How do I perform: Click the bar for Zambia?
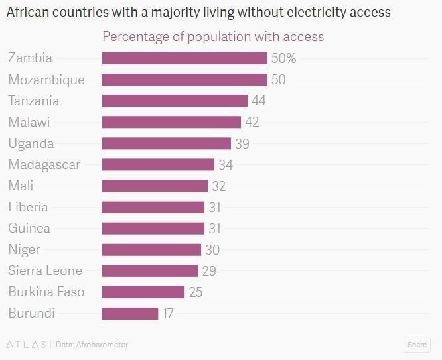(x=184, y=58)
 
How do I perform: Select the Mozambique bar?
(x=184, y=80)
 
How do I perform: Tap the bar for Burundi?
(x=130, y=313)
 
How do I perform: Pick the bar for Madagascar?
(x=158, y=164)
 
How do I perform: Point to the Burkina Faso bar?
(x=143, y=292)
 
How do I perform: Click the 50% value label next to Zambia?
(x=283, y=58)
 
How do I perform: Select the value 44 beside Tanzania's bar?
(x=259, y=101)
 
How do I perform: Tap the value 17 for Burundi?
(x=168, y=313)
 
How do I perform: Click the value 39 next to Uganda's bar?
(x=242, y=143)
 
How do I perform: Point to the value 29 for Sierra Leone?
(x=208, y=270)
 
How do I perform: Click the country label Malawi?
(x=29, y=122)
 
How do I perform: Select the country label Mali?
(x=21, y=186)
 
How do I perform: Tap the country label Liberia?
(x=28, y=207)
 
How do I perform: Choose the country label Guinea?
(x=29, y=228)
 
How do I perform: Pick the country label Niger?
(x=24, y=249)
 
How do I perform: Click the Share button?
(x=417, y=345)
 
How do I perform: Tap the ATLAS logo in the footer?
(x=26, y=345)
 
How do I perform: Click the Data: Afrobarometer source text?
(x=92, y=345)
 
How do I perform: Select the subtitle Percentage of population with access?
(x=213, y=36)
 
